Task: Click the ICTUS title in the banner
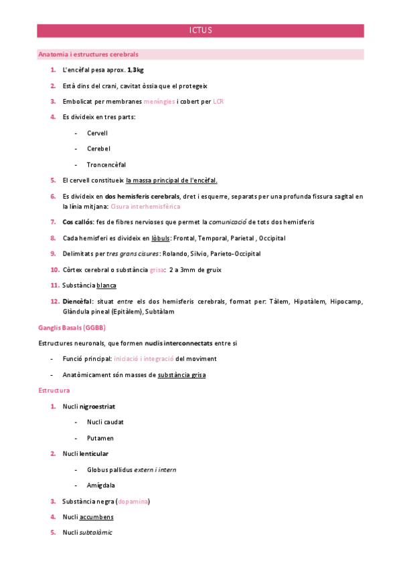pyautogui.click(x=200, y=31)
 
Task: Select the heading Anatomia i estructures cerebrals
pyautogui.click(x=88, y=54)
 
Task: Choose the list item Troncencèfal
pyautogui.click(x=106, y=164)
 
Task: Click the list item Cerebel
pyautogui.click(x=98, y=148)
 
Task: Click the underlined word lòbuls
pyautogui.click(x=160, y=238)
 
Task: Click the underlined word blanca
pyautogui.click(x=107, y=286)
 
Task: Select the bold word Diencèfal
pyautogui.click(x=79, y=302)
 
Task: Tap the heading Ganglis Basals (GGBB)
pyautogui.click(x=72, y=328)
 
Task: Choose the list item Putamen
pyautogui.click(x=100, y=438)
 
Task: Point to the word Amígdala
pyautogui.click(x=102, y=485)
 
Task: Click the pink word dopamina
pyautogui.click(x=133, y=501)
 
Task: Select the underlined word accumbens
pyautogui.click(x=96, y=517)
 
